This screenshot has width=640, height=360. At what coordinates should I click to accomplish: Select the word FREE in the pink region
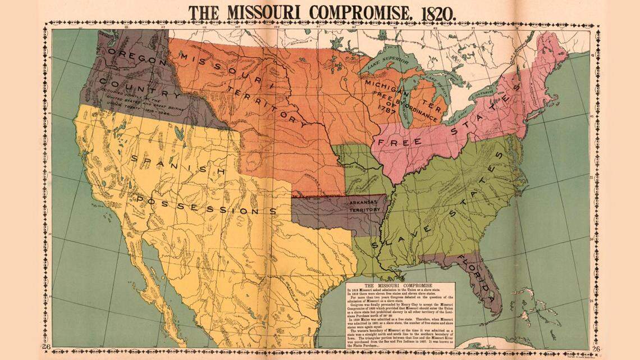click(400, 140)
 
